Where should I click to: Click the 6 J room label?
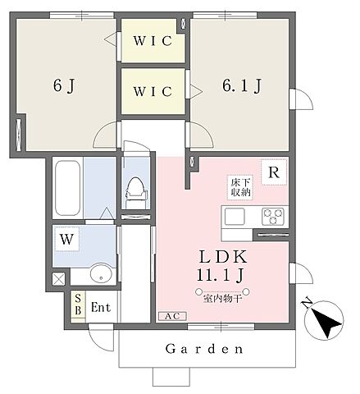click(x=64, y=85)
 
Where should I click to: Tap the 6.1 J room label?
click(x=242, y=85)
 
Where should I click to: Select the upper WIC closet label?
click(x=153, y=41)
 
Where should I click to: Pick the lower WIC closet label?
click(x=153, y=91)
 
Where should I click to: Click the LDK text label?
click(x=223, y=257)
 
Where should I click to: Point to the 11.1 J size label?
click(x=220, y=275)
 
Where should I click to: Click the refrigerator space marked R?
click(x=274, y=172)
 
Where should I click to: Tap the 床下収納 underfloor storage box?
click(x=240, y=187)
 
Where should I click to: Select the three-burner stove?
click(x=273, y=216)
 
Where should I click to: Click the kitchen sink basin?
click(x=235, y=216)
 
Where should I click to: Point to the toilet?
click(x=135, y=191)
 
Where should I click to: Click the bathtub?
click(x=67, y=188)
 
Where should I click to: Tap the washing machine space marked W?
click(x=67, y=239)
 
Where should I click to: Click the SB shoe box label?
click(x=78, y=305)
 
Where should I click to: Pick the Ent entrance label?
click(x=101, y=307)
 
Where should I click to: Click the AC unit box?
click(x=173, y=316)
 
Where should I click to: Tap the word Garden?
click(x=204, y=349)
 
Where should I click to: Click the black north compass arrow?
click(x=326, y=323)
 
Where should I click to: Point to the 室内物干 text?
click(x=222, y=299)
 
